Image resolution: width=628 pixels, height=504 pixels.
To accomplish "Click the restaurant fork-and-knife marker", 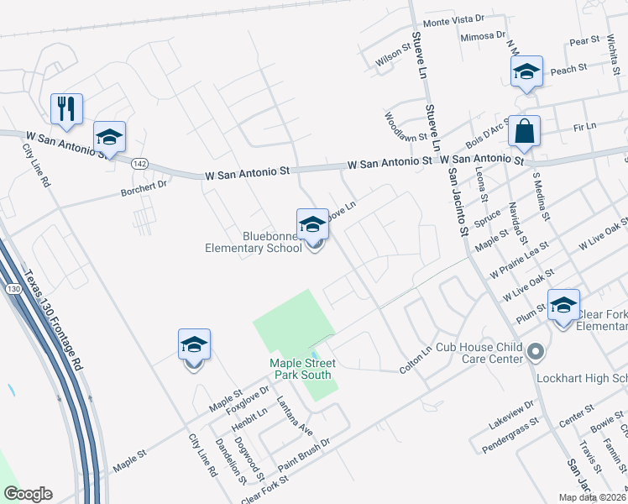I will [x=65, y=108].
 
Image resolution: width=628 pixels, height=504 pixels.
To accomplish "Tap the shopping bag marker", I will [x=524, y=131].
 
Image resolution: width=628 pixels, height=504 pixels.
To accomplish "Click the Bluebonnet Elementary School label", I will [x=253, y=242].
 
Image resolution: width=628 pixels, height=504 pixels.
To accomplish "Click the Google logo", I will [x=28, y=494].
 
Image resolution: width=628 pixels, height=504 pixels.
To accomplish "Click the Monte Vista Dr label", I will [x=454, y=18].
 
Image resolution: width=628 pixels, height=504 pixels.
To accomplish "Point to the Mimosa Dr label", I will [x=483, y=36].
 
